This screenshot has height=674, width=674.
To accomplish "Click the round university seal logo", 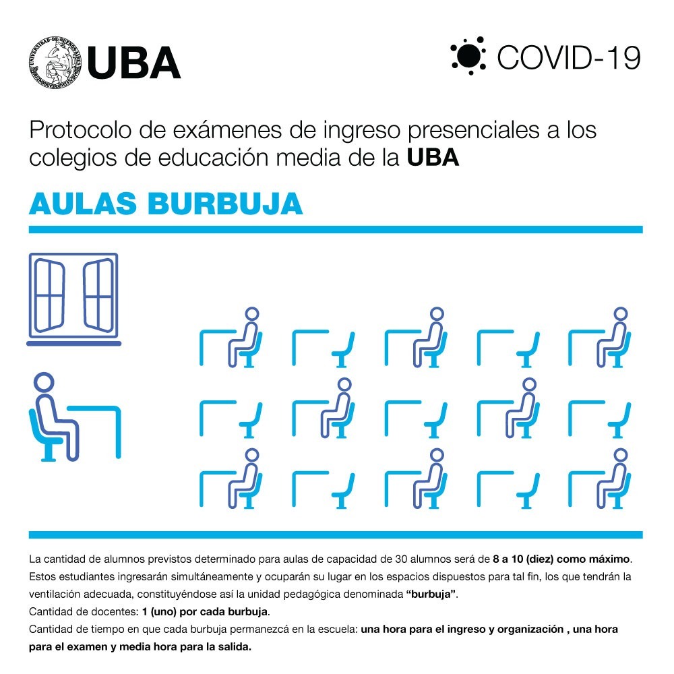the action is pyautogui.click(x=55, y=63).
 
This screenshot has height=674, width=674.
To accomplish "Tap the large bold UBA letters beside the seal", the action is pyautogui.click(x=133, y=63).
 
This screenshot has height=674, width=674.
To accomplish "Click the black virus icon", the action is pyautogui.click(x=468, y=56).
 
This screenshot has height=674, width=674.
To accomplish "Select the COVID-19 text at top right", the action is pyautogui.click(x=569, y=57).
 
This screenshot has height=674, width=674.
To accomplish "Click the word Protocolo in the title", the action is pyautogui.click(x=80, y=130).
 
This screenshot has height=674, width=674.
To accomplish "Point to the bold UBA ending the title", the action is pyautogui.click(x=433, y=157).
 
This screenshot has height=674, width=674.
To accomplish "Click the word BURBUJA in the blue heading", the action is pyautogui.click(x=225, y=204).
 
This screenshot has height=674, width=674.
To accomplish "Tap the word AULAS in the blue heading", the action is pyautogui.click(x=83, y=204).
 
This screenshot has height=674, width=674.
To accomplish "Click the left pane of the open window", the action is pyautogui.click(x=49, y=295).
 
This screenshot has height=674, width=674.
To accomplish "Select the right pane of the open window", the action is pyautogui.click(x=99, y=295).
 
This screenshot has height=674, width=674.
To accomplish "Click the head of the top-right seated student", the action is pyautogui.click(x=621, y=314).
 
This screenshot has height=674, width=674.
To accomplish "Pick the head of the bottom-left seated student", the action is pyautogui.click(x=252, y=455).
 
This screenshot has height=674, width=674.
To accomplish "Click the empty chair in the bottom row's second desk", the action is pyautogui.click(x=344, y=491).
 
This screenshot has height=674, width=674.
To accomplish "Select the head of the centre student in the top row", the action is pyautogui.click(x=437, y=314).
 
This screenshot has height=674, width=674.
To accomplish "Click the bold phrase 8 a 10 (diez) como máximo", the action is pyautogui.click(x=561, y=559).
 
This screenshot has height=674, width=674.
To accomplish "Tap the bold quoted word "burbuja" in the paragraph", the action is pyautogui.click(x=431, y=594).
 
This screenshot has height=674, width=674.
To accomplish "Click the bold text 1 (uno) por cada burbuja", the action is pyautogui.click(x=205, y=612).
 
